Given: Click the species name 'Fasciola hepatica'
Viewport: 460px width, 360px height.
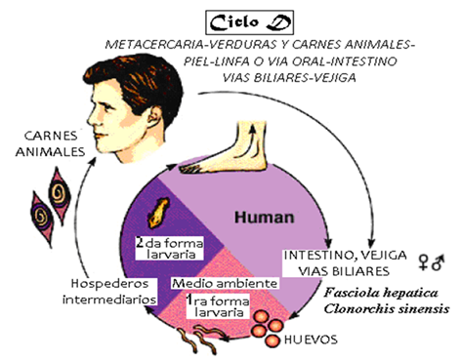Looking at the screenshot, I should click(376, 292).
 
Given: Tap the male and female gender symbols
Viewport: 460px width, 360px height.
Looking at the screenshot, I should click(431, 260).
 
